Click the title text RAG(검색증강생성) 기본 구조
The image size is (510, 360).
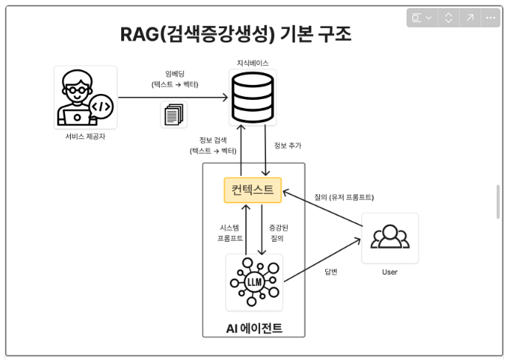click(x=236, y=34)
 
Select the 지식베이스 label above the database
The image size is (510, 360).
click(x=253, y=64)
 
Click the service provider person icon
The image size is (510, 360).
click(x=86, y=97)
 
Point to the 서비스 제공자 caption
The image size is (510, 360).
click(x=85, y=137)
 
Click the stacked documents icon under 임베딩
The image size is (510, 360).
click(x=174, y=115)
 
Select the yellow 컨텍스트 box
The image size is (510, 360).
click(x=253, y=190)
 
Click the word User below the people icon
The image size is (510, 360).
click(x=390, y=272)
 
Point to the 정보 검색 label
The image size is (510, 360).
click(x=214, y=146)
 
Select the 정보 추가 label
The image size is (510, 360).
click(x=288, y=146)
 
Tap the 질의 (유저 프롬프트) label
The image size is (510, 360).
click(x=344, y=197)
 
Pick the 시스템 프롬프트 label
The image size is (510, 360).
click(x=229, y=234)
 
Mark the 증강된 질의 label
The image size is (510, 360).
click(x=276, y=234)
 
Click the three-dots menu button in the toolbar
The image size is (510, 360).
click(x=490, y=18)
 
